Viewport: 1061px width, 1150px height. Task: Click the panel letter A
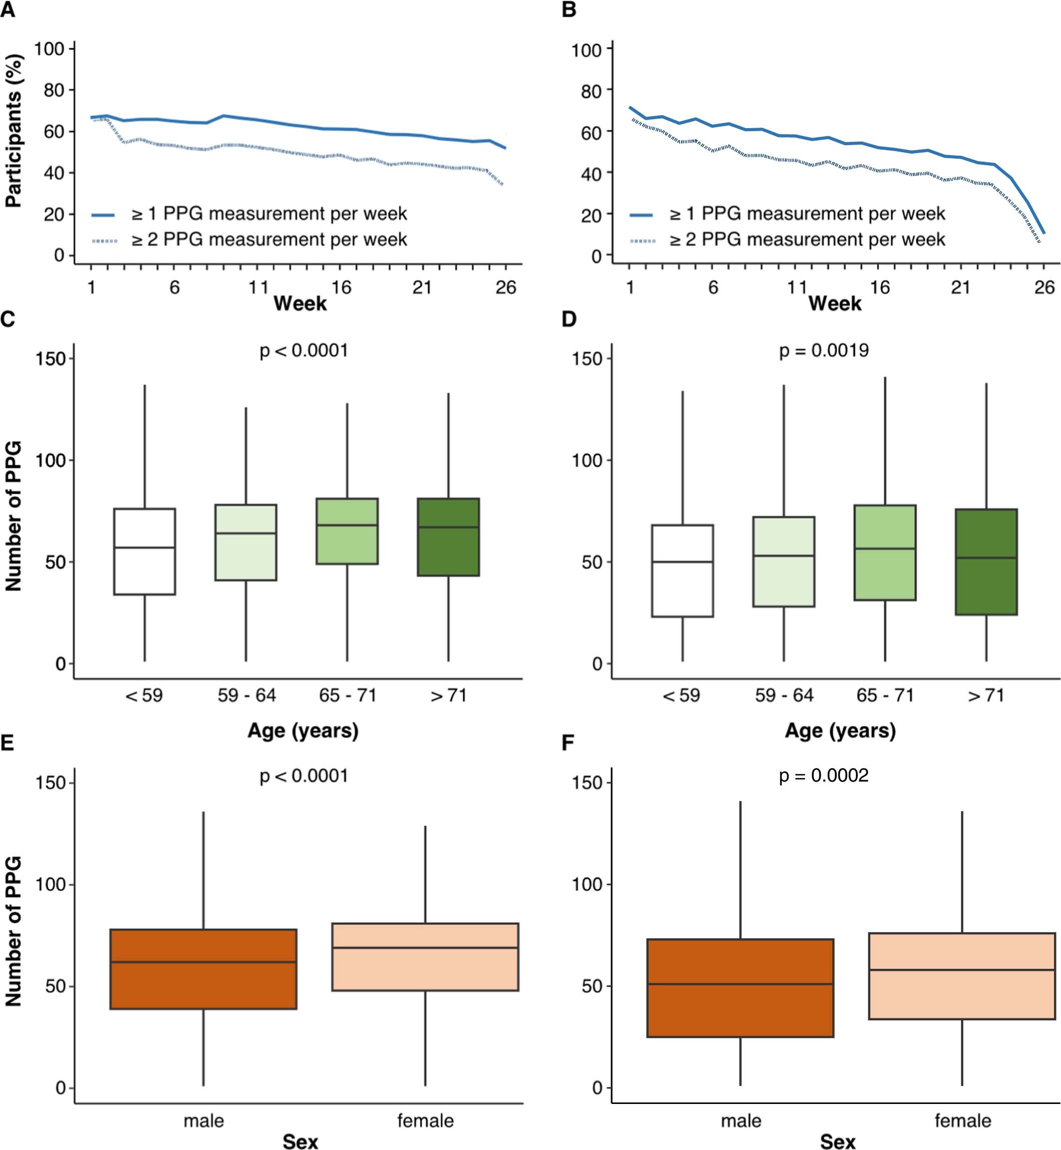click(8, 10)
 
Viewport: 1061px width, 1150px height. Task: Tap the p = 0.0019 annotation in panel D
click(823, 350)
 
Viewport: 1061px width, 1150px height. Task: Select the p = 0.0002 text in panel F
click(823, 776)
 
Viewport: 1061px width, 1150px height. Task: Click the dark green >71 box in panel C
click(448, 551)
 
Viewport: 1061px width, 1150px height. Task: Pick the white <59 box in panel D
click(683, 592)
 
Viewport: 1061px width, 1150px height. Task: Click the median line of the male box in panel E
click(203, 962)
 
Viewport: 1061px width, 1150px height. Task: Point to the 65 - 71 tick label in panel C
click(347, 695)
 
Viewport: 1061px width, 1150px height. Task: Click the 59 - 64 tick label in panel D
click(784, 695)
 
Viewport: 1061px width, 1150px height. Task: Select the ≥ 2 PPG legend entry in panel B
click(807, 239)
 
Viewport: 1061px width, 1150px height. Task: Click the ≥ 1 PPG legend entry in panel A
click(269, 214)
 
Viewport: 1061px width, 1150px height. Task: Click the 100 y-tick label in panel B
click(586, 50)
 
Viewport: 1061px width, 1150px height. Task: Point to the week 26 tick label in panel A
click(505, 287)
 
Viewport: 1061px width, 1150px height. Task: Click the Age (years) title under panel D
click(840, 730)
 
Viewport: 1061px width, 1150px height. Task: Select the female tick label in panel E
click(425, 1120)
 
